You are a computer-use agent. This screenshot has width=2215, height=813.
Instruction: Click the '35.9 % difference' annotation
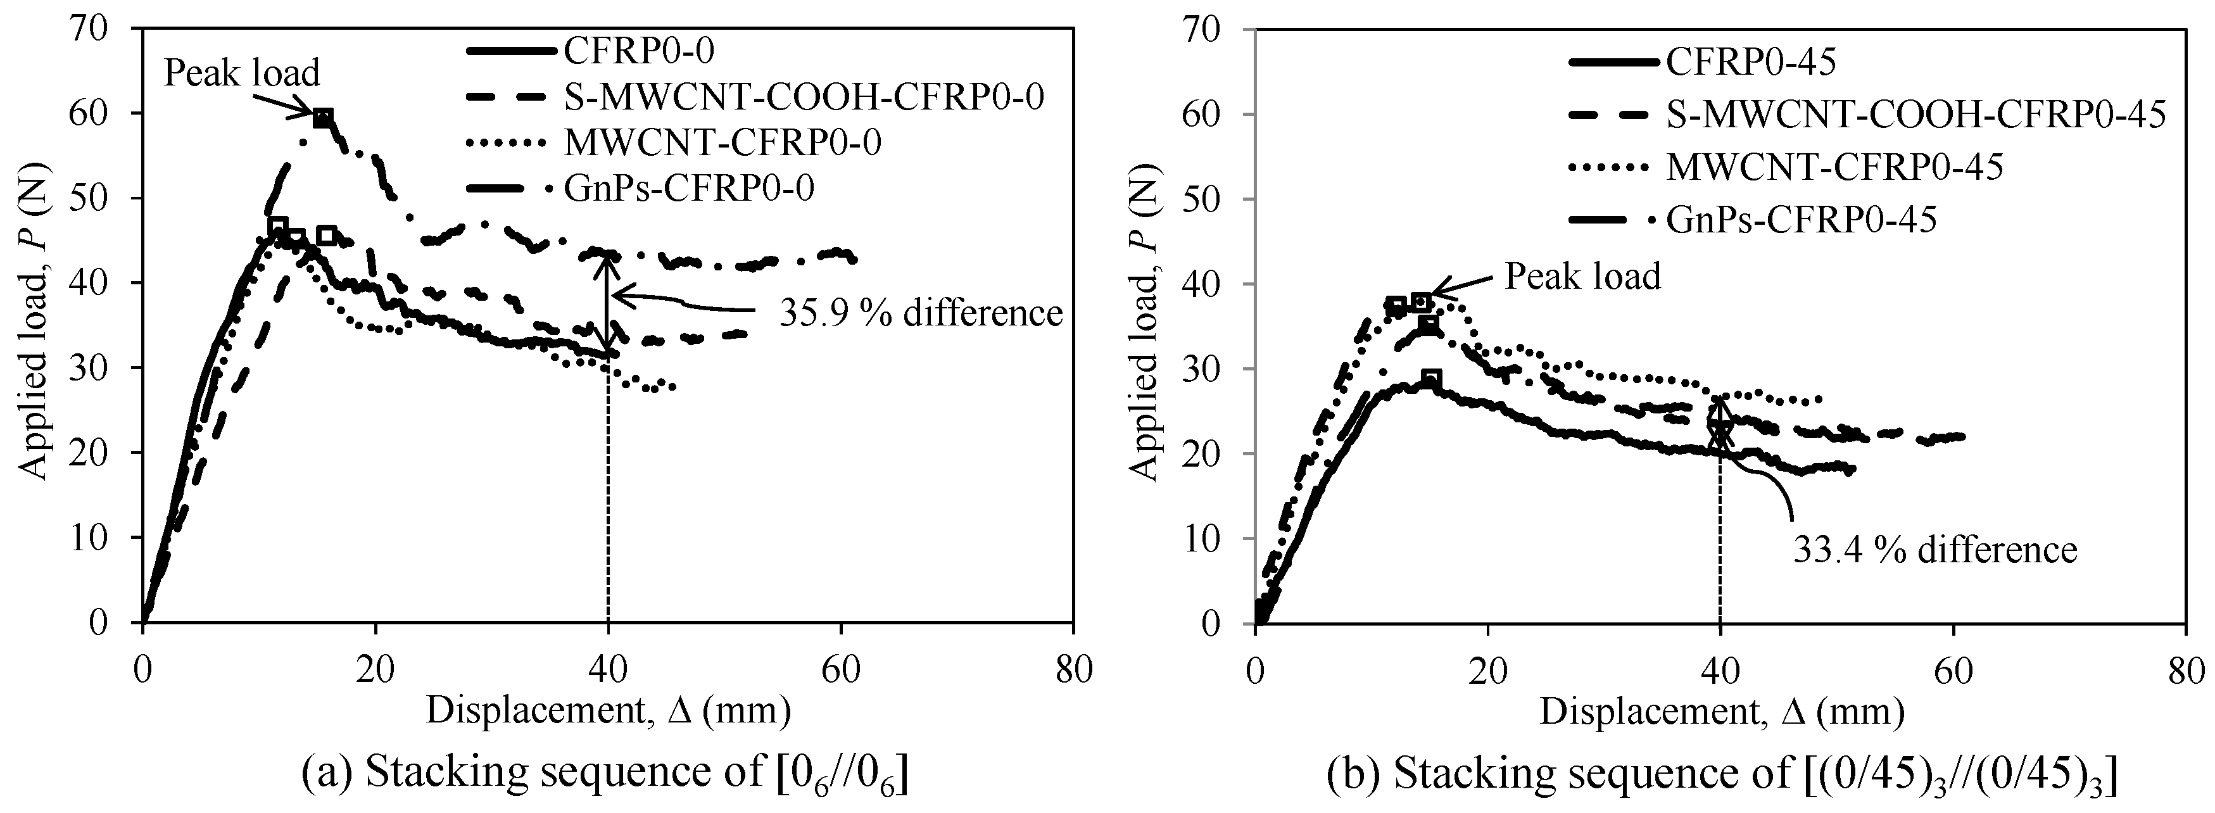[921, 313]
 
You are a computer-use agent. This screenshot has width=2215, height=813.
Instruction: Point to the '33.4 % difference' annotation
[1934, 549]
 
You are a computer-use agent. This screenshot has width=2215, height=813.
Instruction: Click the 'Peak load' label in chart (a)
[242, 73]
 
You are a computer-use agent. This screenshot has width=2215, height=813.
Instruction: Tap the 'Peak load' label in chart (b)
[1582, 277]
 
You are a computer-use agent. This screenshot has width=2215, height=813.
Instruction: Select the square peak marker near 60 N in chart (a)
[322, 118]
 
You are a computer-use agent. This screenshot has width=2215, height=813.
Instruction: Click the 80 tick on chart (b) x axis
[2185, 669]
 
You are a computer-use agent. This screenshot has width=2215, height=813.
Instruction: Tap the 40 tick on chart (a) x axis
[608, 669]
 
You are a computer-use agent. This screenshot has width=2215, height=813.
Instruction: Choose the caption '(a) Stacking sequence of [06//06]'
[606, 774]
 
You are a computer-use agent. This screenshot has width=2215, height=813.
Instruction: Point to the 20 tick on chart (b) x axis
[1487, 669]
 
